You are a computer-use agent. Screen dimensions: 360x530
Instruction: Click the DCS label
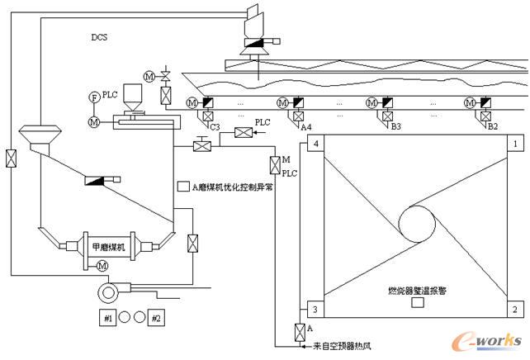point(100,37)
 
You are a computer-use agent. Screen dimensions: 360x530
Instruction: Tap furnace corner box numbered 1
point(515,144)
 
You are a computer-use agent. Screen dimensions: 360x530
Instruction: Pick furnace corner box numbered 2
point(515,310)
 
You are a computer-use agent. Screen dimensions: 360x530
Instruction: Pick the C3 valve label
point(214,127)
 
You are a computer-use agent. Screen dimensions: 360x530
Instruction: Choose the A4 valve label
point(305,127)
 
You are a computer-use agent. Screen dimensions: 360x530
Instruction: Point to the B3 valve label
point(395,127)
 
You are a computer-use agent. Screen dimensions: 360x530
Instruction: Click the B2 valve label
point(492,127)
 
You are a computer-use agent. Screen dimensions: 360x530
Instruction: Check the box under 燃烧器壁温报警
point(418,303)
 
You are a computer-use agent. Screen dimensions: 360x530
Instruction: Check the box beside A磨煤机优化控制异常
point(183,187)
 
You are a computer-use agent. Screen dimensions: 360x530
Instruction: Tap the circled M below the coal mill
point(103,266)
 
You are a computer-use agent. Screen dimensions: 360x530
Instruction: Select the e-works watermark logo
point(485,340)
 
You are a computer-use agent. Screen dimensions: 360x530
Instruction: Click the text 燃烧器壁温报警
point(417,291)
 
